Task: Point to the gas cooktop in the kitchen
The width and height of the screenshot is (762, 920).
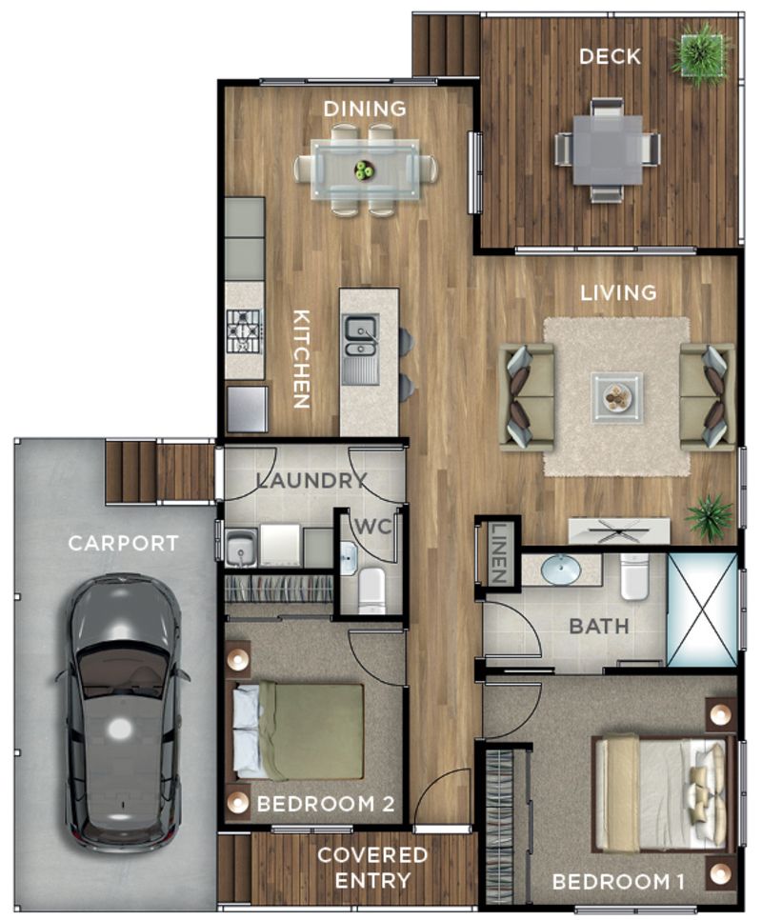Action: [244, 331]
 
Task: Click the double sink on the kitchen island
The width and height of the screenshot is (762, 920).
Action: [360, 349]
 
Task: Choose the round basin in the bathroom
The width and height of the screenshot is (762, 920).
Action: [561, 570]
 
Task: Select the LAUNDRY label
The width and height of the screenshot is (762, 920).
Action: [311, 481]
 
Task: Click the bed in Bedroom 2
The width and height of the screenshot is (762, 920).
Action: [298, 730]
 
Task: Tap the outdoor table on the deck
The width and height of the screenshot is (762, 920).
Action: [607, 150]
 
